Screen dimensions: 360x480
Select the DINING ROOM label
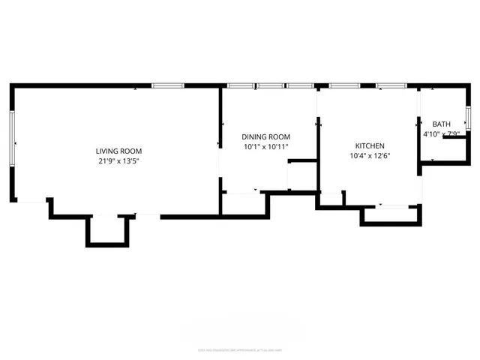pos(265,136)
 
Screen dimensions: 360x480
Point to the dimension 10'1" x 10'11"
pos(265,147)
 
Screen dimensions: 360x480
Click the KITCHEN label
pos(370,145)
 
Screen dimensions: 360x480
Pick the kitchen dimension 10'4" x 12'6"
pos(370,156)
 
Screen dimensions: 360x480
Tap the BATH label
pos(441,124)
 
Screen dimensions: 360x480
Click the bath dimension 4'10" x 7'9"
pos(441,134)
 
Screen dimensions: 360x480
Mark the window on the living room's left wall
pos(13,139)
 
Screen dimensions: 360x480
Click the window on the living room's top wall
pos(168,85)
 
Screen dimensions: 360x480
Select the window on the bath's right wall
pos(467,118)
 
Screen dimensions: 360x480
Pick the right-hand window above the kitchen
pos(391,85)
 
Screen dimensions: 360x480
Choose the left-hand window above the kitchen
pos(344,85)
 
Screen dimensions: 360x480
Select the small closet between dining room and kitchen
pos(302,175)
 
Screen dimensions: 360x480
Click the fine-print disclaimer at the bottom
pos(240,349)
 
